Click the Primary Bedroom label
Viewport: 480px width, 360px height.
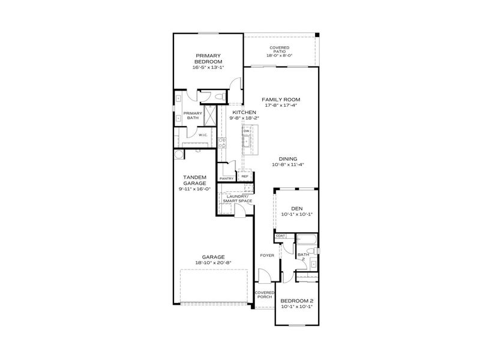tap(208, 58)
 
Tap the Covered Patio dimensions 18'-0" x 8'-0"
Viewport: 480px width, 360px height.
tap(279, 55)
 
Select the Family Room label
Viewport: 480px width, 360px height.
tap(280, 99)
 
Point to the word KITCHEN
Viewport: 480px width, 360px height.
tap(244, 112)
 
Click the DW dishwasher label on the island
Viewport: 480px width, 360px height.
tap(247, 131)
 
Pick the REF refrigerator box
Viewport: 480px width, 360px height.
tap(244, 176)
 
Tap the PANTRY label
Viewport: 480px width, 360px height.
tap(226, 178)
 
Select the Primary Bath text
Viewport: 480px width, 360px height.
tap(192, 116)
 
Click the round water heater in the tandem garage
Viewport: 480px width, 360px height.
tap(179, 154)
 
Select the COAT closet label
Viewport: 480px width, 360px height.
tap(280, 236)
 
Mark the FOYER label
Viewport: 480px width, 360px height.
tap(267, 256)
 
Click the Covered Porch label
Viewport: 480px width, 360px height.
tap(264, 294)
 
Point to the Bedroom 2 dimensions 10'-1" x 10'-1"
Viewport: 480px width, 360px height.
tap(297, 307)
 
